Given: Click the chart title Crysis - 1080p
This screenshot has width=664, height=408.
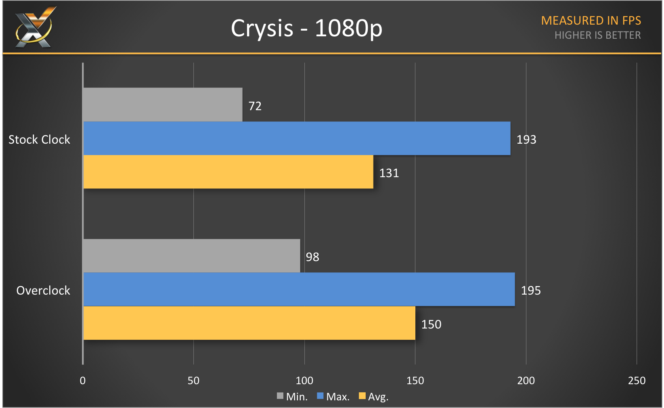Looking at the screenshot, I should [x=306, y=28].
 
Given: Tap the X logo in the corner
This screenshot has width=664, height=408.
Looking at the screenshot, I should [x=35, y=27].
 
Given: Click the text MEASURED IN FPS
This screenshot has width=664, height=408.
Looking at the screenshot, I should [x=591, y=21].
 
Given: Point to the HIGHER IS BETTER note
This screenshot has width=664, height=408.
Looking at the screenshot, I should [x=597, y=36].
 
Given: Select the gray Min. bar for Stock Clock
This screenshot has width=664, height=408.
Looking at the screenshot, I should [x=163, y=105].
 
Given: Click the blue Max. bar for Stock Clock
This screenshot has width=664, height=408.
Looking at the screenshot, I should [x=297, y=138].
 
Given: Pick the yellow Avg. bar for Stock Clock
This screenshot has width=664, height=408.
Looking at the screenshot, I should [x=228, y=172].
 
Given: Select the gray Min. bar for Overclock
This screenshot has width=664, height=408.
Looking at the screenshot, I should [x=191, y=256].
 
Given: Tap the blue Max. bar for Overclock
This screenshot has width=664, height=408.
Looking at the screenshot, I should [x=299, y=289].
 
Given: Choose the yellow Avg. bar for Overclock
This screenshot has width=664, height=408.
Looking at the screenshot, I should [x=249, y=323].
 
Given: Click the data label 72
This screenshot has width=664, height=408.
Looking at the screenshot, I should [x=255, y=106].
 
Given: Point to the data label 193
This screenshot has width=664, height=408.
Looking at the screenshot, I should [x=526, y=140].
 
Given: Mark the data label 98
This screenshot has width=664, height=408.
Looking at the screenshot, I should [x=312, y=257].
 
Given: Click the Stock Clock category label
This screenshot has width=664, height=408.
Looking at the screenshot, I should [x=40, y=140].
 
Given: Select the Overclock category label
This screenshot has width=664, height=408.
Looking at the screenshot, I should [x=43, y=291].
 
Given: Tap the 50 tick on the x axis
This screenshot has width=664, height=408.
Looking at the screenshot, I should [x=193, y=381].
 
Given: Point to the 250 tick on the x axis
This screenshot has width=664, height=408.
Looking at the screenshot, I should [x=637, y=381].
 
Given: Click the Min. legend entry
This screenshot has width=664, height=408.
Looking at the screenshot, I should [x=292, y=397].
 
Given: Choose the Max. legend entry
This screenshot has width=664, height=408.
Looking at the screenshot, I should [x=333, y=397].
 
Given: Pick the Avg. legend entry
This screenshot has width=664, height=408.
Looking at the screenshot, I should [x=374, y=397].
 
